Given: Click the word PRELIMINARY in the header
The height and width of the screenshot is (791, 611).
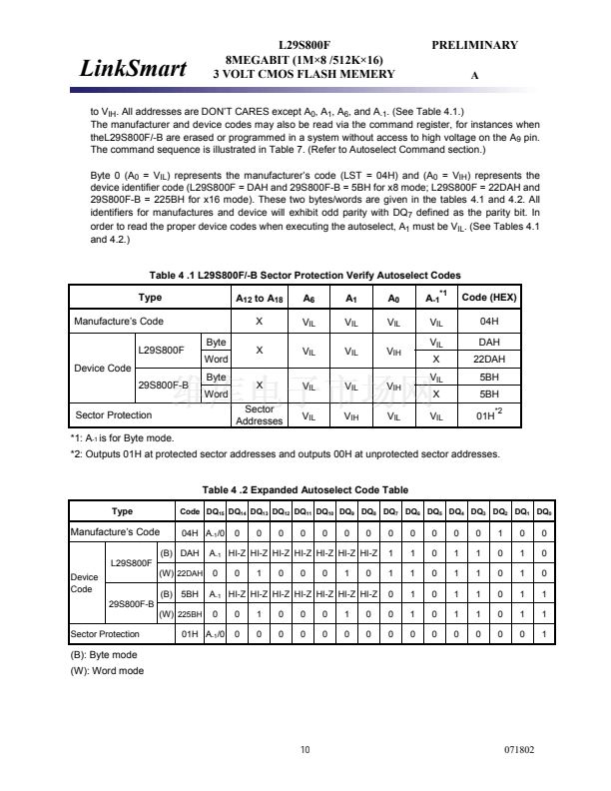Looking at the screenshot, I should pos(474,45).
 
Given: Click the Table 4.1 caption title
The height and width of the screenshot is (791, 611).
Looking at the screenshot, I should pos(305,275).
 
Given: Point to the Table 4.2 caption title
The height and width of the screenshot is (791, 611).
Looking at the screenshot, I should pos(305,488).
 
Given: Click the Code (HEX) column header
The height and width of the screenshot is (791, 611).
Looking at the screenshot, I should pos(489,298).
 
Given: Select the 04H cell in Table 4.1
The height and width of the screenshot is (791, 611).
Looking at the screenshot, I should pos(489,322).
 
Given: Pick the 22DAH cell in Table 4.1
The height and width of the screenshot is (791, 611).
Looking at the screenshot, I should pos(489,359).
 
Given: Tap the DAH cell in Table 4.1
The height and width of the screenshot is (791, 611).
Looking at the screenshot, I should pos(489,342).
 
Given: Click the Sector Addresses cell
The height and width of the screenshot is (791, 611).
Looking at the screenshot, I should pos(259,414).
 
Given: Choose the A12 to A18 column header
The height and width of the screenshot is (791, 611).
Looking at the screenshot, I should pos(259,298).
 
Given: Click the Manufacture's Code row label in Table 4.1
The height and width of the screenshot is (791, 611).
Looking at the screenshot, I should pos(117,322).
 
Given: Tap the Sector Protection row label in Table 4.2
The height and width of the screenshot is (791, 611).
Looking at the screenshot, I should pos(105,634).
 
